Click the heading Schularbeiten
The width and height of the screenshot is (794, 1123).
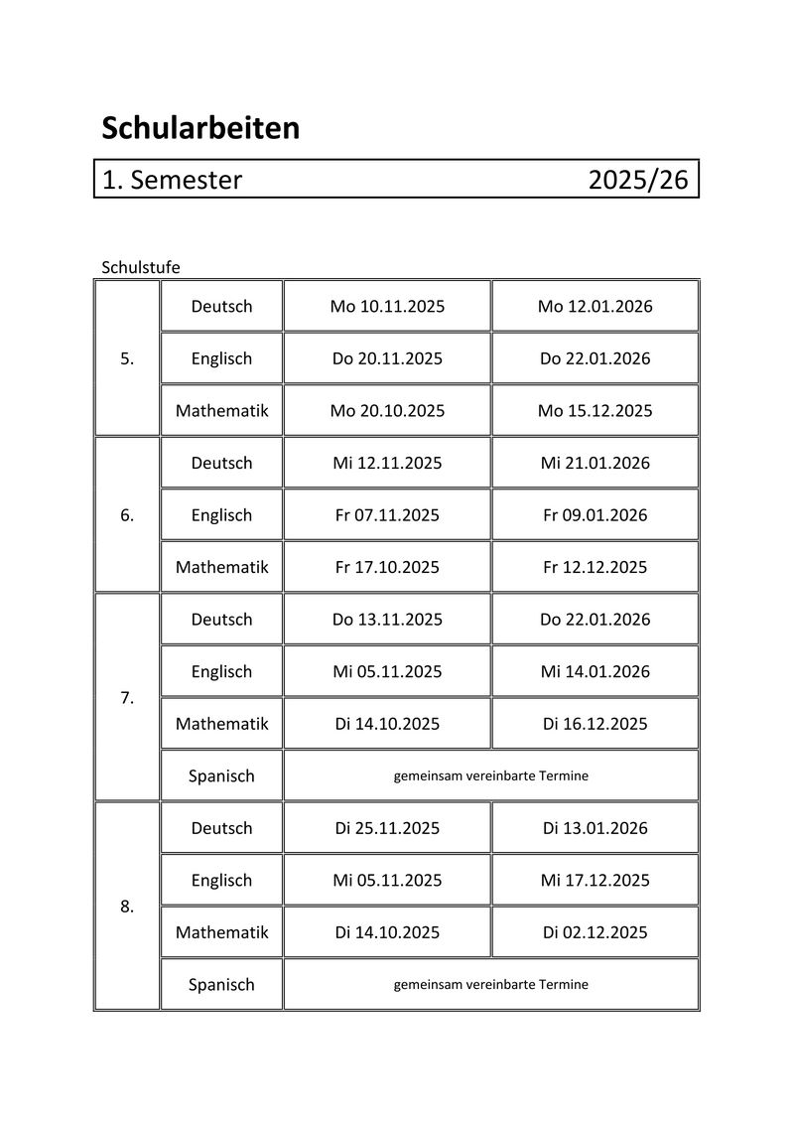point(200,128)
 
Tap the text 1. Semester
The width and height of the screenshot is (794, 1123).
point(172,180)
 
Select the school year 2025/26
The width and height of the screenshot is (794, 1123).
point(637,180)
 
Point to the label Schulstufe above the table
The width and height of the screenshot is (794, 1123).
point(140,267)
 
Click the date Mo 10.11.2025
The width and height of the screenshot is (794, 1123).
point(387,307)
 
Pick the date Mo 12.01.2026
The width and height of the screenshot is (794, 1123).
point(595,307)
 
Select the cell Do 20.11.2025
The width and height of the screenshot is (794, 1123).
point(387,358)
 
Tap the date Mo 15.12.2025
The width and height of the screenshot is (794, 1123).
point(595,411)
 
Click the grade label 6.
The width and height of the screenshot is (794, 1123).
point(127,515)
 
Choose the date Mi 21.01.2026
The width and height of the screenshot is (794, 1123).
point(595,463)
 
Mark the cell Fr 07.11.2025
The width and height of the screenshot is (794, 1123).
point(387,515)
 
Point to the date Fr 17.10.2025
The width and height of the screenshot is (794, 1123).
point(387,567)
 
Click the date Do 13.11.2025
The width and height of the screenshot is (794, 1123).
point(387,620)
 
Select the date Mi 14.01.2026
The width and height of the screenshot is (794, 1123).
point(595,671)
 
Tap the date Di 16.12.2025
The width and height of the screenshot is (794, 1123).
point(595,724)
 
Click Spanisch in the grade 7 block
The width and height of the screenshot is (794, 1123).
point(221,775)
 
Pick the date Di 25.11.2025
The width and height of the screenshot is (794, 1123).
point(387,828)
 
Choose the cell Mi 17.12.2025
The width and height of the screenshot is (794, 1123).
point(595,880)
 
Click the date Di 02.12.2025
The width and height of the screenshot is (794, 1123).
point(595,932)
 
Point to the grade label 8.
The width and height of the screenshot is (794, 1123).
point(127,907)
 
